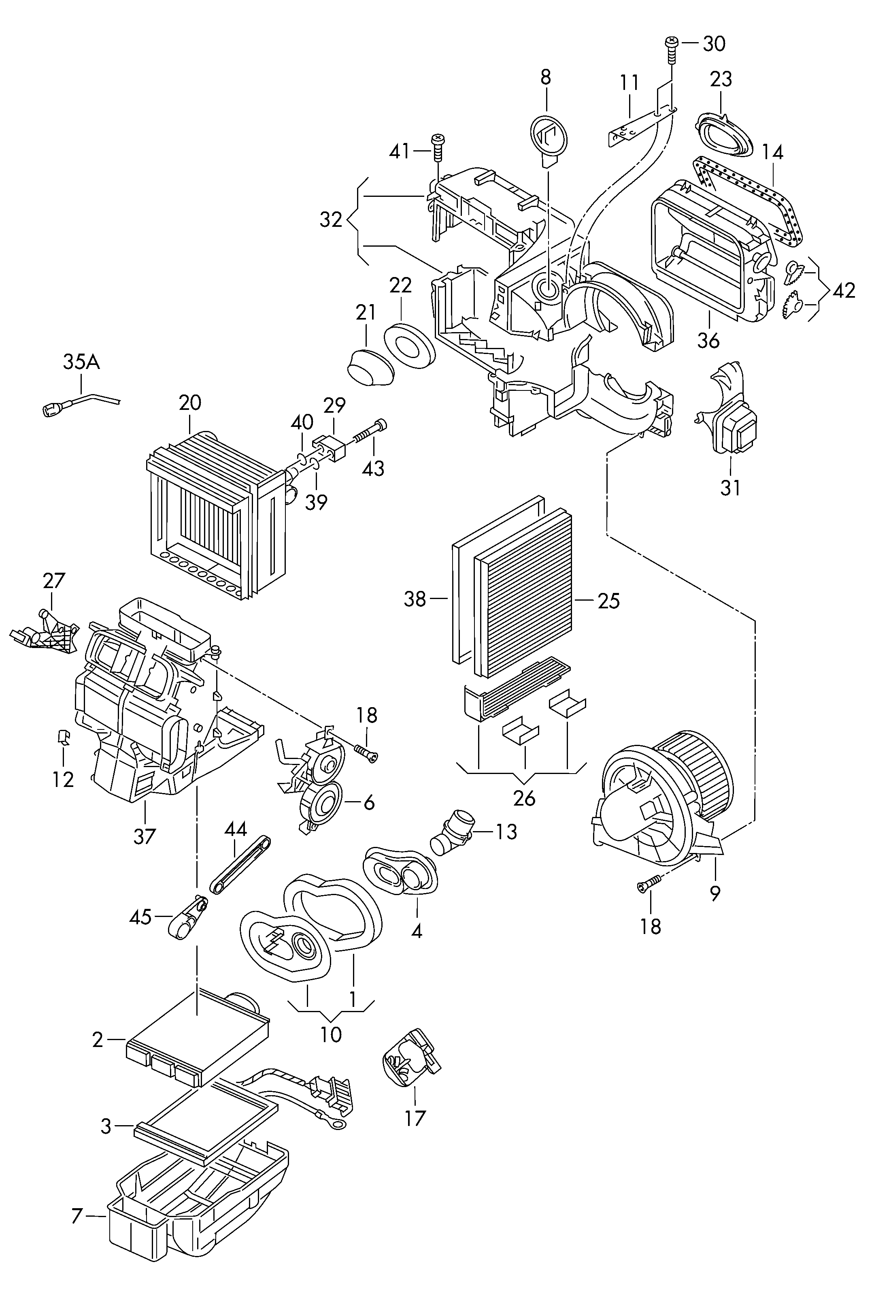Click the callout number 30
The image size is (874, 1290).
[x=714, y=44]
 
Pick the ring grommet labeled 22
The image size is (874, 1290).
[x=410, y=345]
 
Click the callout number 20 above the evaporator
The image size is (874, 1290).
[x=190, y=403]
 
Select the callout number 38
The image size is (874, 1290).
[x=415, y=599]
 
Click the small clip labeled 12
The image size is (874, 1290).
[x=63, y=737]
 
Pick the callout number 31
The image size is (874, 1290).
[x=730, y=488]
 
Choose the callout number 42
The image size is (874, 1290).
[x=844, y=290]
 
